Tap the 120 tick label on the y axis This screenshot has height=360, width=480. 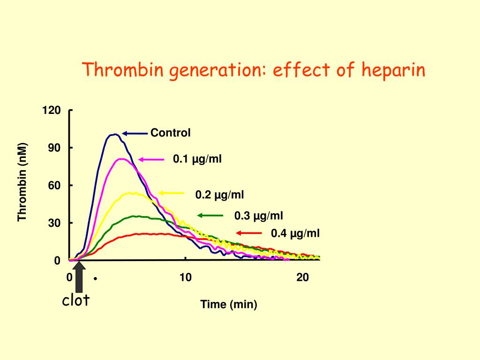coord(52,111)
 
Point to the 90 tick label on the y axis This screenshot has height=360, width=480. coord(54,148)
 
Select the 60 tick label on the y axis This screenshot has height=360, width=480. coord(54,186)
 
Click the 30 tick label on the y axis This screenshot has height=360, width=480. coord(54,223)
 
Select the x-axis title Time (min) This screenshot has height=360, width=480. coord(229,305)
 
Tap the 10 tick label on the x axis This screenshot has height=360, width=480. coord(186,277)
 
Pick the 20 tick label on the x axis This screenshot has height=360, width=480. coord(303,277)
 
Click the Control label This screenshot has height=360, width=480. coord(171,133)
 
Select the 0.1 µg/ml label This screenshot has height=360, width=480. coord(197,159)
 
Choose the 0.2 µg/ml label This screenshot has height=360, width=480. coord(219,195)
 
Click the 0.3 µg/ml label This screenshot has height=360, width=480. coord(259,216)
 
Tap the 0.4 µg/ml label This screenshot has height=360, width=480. coord(295,233)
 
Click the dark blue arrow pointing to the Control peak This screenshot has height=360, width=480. coord(135,134)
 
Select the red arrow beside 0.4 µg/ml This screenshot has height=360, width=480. coord(248,233)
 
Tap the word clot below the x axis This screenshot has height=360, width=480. coord(76,300)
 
